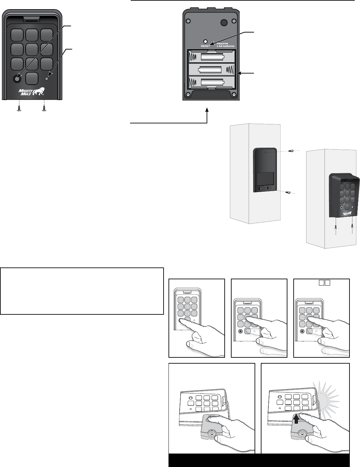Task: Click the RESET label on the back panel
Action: (205, 46)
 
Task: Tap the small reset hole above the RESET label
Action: (205, 41)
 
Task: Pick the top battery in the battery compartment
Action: (212, 57)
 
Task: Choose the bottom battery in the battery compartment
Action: (212, 82)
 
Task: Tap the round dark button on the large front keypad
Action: (17, 78)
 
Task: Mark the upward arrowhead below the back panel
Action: (207, 111)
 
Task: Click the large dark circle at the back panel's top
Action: (224, 22)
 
